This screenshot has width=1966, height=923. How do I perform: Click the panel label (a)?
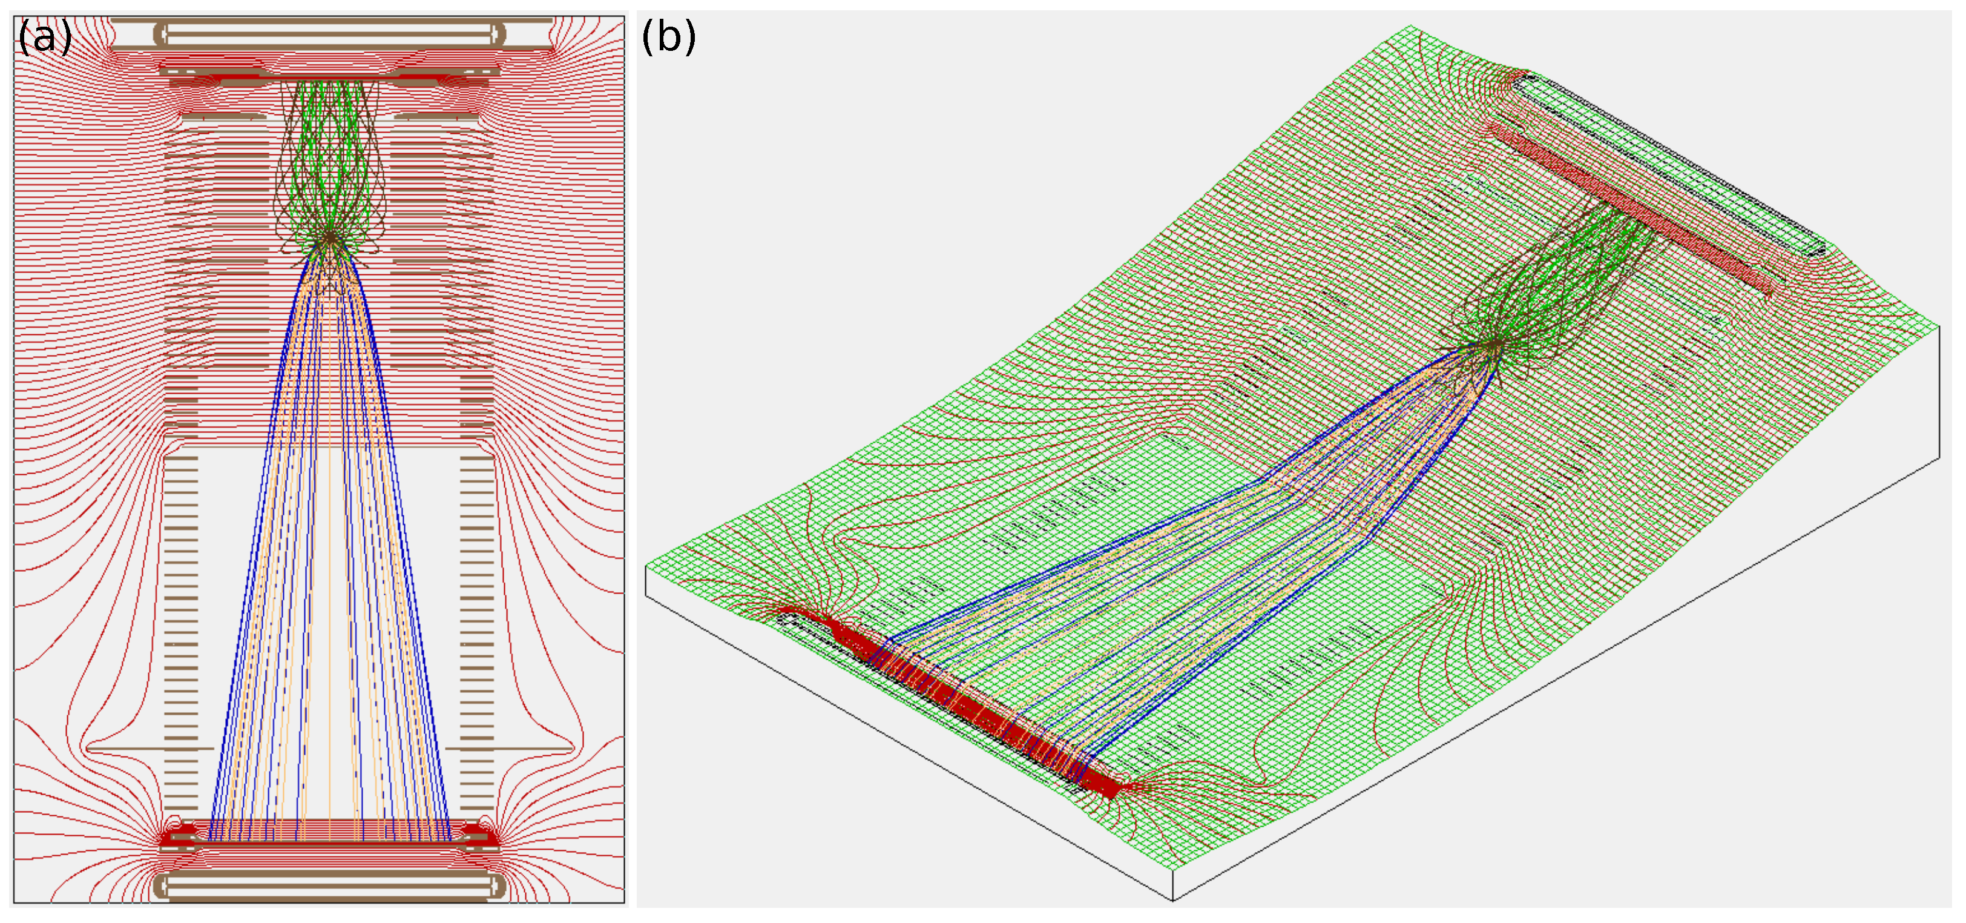[x=44, y=37]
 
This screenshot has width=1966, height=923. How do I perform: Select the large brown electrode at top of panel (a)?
[x=330, y=33]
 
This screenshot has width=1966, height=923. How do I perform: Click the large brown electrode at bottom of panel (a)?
[x=330, y=885]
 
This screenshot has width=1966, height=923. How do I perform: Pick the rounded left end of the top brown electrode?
[x=161, y=33]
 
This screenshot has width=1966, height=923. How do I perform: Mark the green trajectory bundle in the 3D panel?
[x=1557, y=282]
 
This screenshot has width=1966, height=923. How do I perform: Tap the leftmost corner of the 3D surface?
[x=646, y=566]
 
